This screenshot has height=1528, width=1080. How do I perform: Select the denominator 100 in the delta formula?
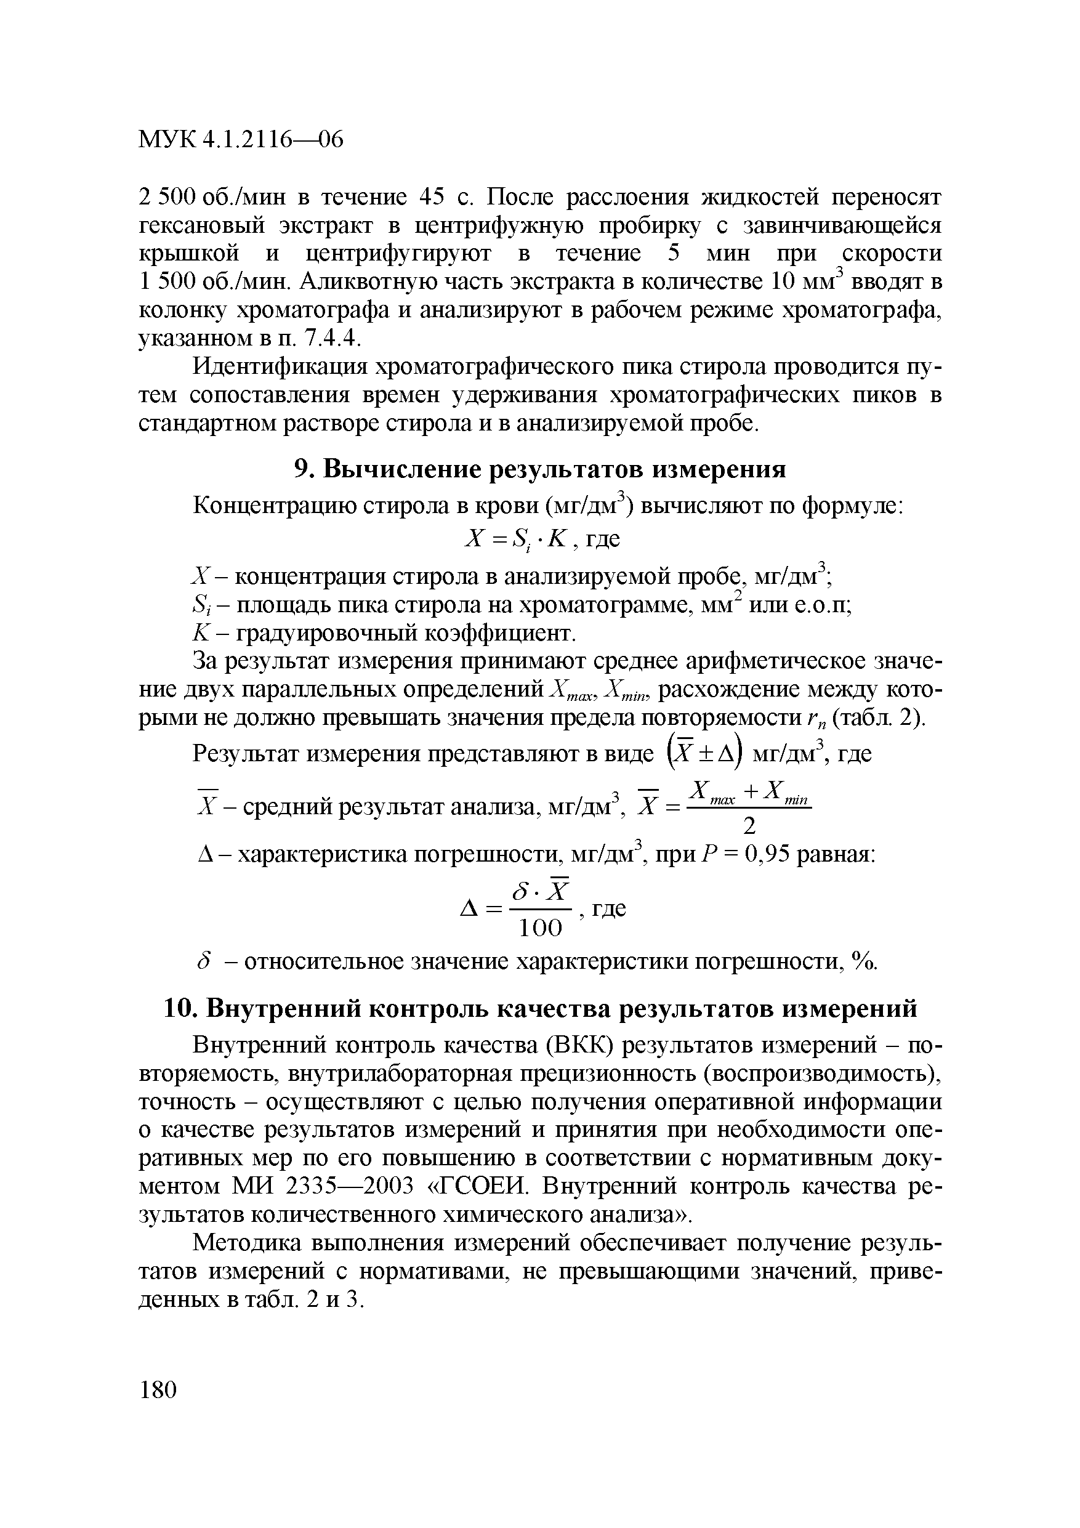tap(541, 928)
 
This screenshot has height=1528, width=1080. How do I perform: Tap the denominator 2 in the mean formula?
tap(749, 826)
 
